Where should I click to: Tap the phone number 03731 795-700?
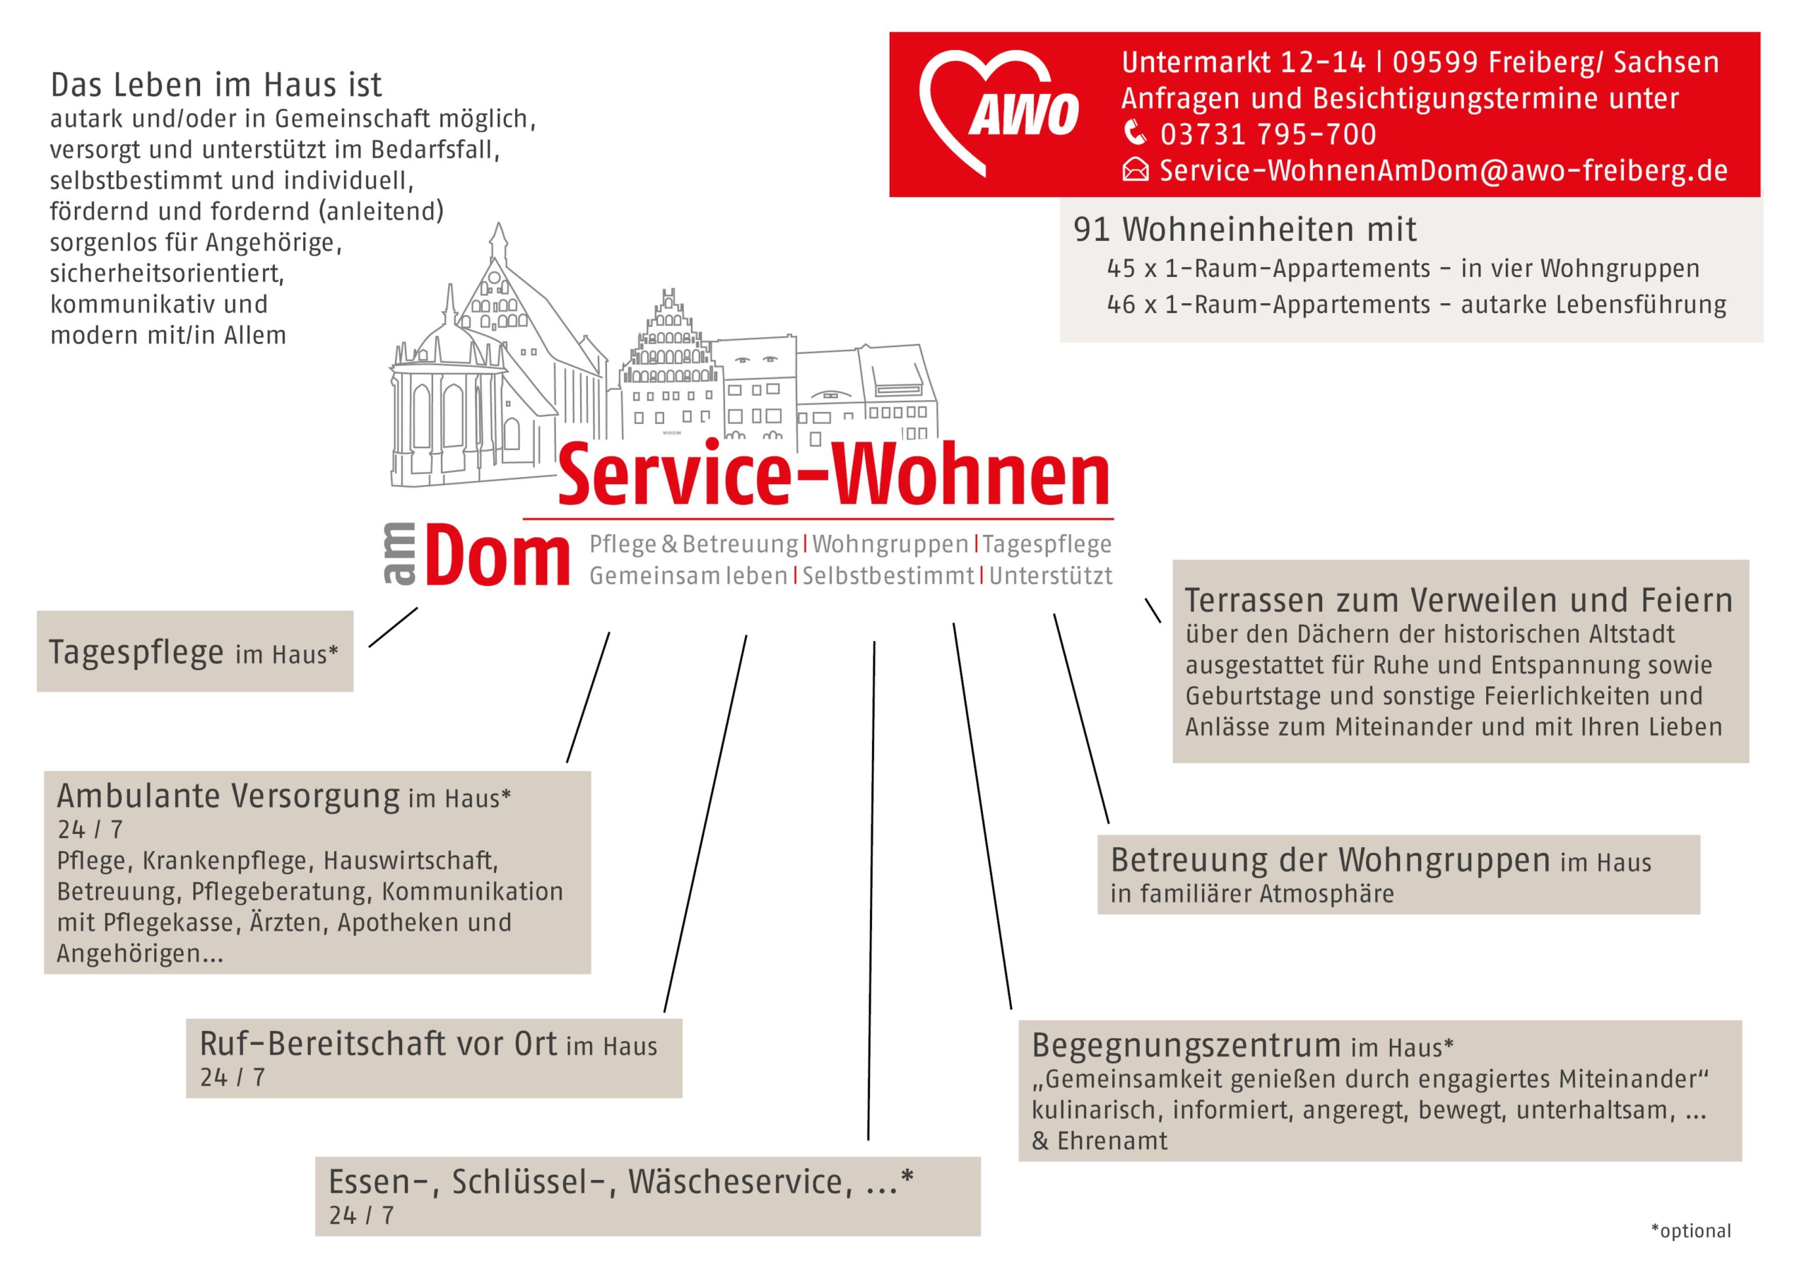point(1268,135)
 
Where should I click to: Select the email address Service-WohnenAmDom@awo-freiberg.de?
point(1443,171)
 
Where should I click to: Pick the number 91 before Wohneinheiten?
point(1091,230)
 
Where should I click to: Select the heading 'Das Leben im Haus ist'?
point(216,85)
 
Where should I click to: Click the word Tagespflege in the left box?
point(136,652)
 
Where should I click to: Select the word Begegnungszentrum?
point(1186,1046)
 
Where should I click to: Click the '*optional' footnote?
point(1691,1231)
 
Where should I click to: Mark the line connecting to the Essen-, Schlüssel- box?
point(871,890)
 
